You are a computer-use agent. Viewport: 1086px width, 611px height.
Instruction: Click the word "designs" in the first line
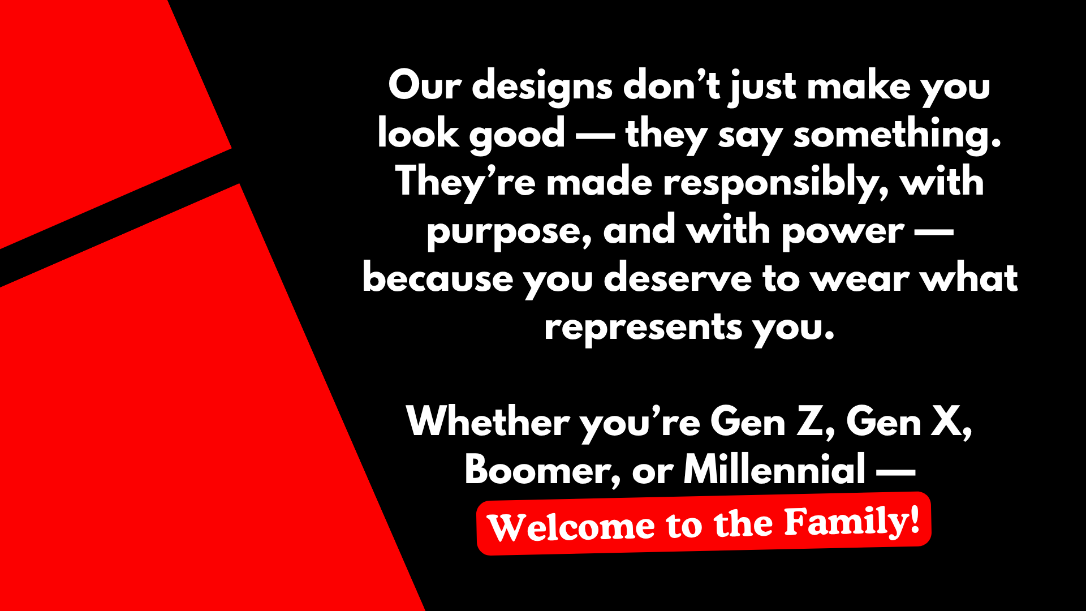pos(542,88)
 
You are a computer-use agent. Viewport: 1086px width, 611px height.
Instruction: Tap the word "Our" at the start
pos(425,85)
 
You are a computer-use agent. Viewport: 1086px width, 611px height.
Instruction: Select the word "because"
pos(438,279)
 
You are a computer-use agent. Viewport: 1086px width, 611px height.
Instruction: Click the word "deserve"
pos(678,279)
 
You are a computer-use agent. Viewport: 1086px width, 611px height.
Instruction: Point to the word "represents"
pos(643,329)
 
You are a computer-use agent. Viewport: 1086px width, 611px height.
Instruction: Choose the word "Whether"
pos(488,422)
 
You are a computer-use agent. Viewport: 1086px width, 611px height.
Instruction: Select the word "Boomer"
pos(538,470)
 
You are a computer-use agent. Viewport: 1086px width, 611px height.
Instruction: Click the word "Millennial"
pos(774,469)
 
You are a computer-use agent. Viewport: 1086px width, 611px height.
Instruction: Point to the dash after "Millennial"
pos(896,471)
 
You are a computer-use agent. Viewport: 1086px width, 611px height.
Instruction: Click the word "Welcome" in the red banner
pos(571,527)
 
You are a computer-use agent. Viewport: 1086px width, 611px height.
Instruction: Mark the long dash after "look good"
pos(595,136)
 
